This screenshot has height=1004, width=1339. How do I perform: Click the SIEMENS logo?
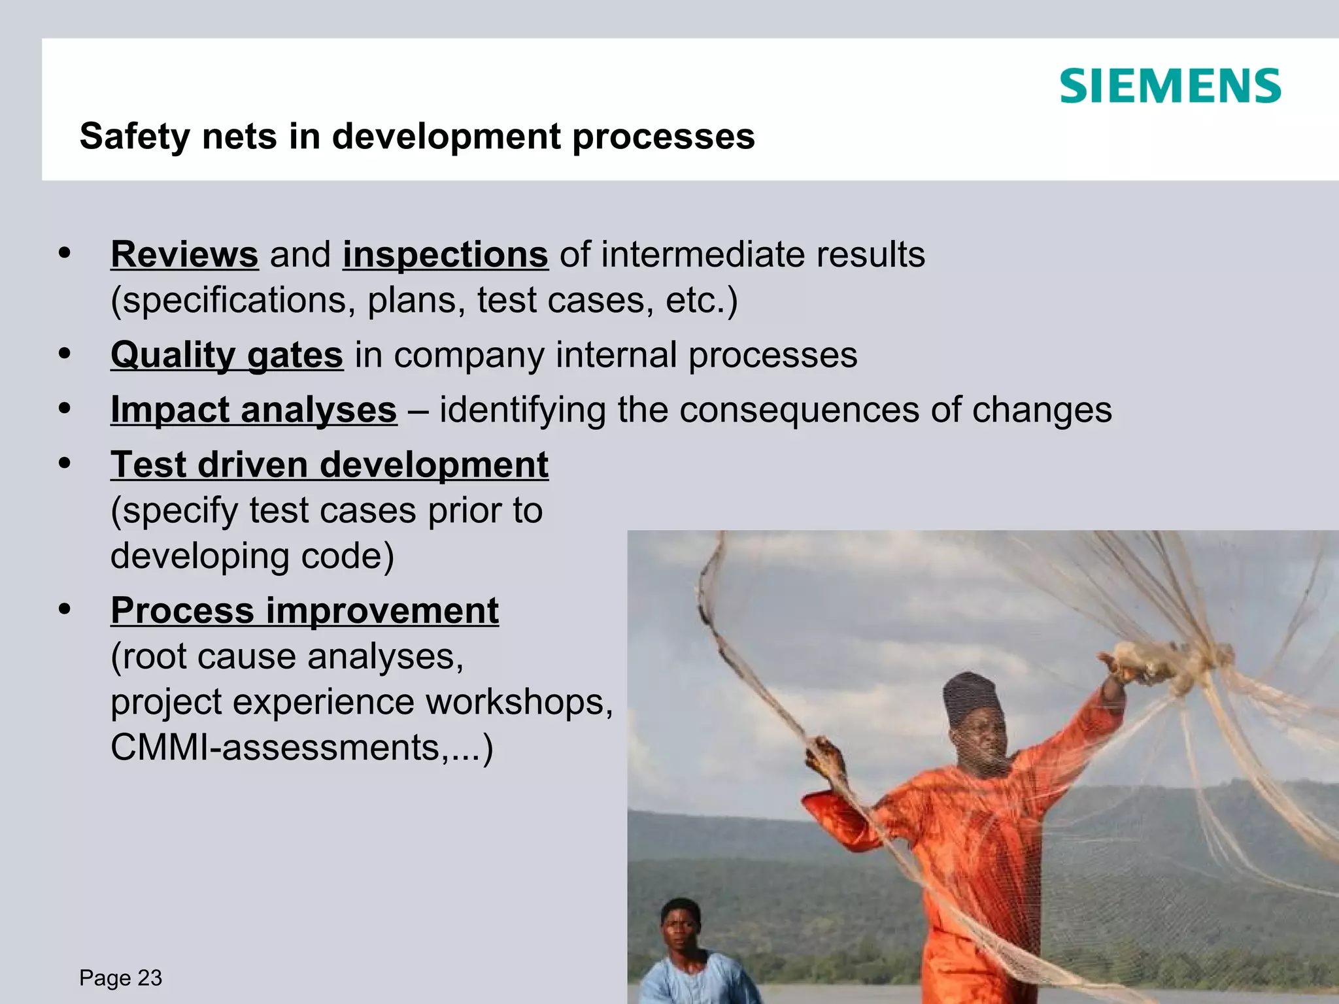(1170, 86)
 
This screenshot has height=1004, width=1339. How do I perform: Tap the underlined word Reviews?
(184, 254)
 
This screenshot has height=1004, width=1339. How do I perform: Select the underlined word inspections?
(445, 254)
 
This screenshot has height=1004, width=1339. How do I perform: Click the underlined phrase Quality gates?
(226, 355)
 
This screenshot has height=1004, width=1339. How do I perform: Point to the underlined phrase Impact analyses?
(254, 410)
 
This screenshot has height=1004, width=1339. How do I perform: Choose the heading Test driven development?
(329, 465)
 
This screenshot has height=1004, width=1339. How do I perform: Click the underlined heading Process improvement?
(305, 611)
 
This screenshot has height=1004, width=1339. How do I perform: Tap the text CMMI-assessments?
(275, 747)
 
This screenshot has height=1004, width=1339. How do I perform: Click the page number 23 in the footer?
(150, 978)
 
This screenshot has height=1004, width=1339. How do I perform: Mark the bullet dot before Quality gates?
(64, 354)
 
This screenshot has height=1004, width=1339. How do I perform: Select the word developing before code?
(199, 556)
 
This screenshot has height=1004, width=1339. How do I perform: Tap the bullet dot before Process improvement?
(64, 609)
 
